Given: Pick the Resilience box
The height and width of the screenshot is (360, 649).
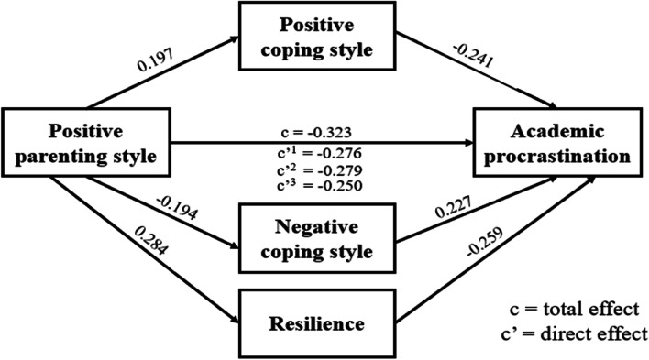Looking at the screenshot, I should (313, 323).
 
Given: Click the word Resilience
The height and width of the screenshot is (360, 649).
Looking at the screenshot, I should (313, 323).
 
